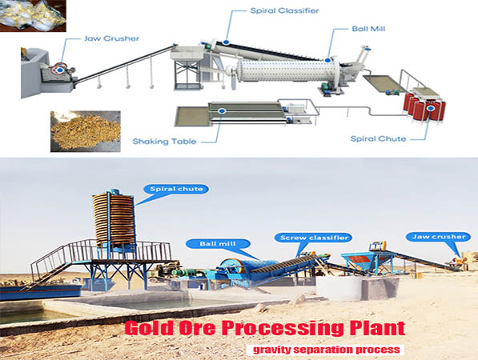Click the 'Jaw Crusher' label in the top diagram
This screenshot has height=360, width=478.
pyautogui.click(x=111, y=38)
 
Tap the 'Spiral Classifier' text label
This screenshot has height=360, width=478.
pyautogui.click(x=284, y=10)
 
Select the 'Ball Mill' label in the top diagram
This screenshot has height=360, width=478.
pyautogui.click(x=368, y=29)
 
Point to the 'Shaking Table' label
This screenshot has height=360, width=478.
pyautogui.click(x=164, y=142)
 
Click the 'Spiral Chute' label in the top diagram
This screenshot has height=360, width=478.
pyautogui.click(x=378, y=139)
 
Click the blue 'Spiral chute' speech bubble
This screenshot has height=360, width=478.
pyautogui.click(x=176, y=189)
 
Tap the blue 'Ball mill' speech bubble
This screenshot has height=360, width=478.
pyautogui.click(x=218, y=244)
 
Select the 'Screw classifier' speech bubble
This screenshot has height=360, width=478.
pyautogui.click(x=314, y=238)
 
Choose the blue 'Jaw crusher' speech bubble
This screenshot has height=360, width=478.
pyautogui.click(x=439, y=237)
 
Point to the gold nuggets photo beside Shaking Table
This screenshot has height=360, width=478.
pyautogui.click(x=86, y=131)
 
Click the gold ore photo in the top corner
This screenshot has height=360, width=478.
pyautogui.click(x=33, y=16)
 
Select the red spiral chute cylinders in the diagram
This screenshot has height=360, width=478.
pyautogui.click(x=424, y=106)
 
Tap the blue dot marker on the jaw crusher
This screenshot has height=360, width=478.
pyautogui.click(x=60, y=70)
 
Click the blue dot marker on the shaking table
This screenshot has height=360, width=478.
pyautogui.click(x=222, y=111)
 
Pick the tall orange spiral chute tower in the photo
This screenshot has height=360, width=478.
pyautogui.click(x=114, y=220)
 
